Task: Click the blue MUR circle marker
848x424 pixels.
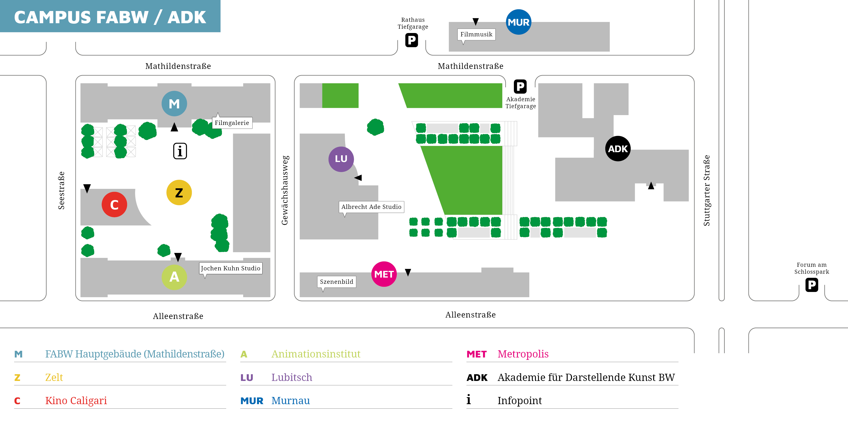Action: click(x=518, y=22)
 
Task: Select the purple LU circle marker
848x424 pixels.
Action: click(x=341, y=159)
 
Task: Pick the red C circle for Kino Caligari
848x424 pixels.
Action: click(x=114, y=204)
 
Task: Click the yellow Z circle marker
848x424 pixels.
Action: click(x=179, y=193)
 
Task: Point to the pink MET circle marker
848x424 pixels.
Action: click(x=384, y=274)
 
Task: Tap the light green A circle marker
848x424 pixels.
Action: click(x=174, y=277)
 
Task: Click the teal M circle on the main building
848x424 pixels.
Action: click(x=174, y=104)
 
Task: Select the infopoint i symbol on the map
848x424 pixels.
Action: click(x=180, y=151)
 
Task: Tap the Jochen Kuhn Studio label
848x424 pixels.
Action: click(x=231, y=268)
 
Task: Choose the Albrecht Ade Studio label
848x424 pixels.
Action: click(x=371, y=207)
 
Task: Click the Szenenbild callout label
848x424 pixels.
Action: click(x=337, y=282)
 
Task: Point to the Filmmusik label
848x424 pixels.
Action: click(x=476, y=34)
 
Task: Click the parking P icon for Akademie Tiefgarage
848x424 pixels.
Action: click(x=520, y=87)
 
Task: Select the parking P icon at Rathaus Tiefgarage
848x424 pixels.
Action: click(x=411, y=40)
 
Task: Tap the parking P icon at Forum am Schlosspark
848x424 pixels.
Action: click(x=812, y=285)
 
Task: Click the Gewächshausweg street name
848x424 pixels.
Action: click(x=285, y=190)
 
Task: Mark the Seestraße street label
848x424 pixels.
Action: click(x=61, y=190)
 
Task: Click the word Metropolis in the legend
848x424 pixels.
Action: click(x=523, y=354)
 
